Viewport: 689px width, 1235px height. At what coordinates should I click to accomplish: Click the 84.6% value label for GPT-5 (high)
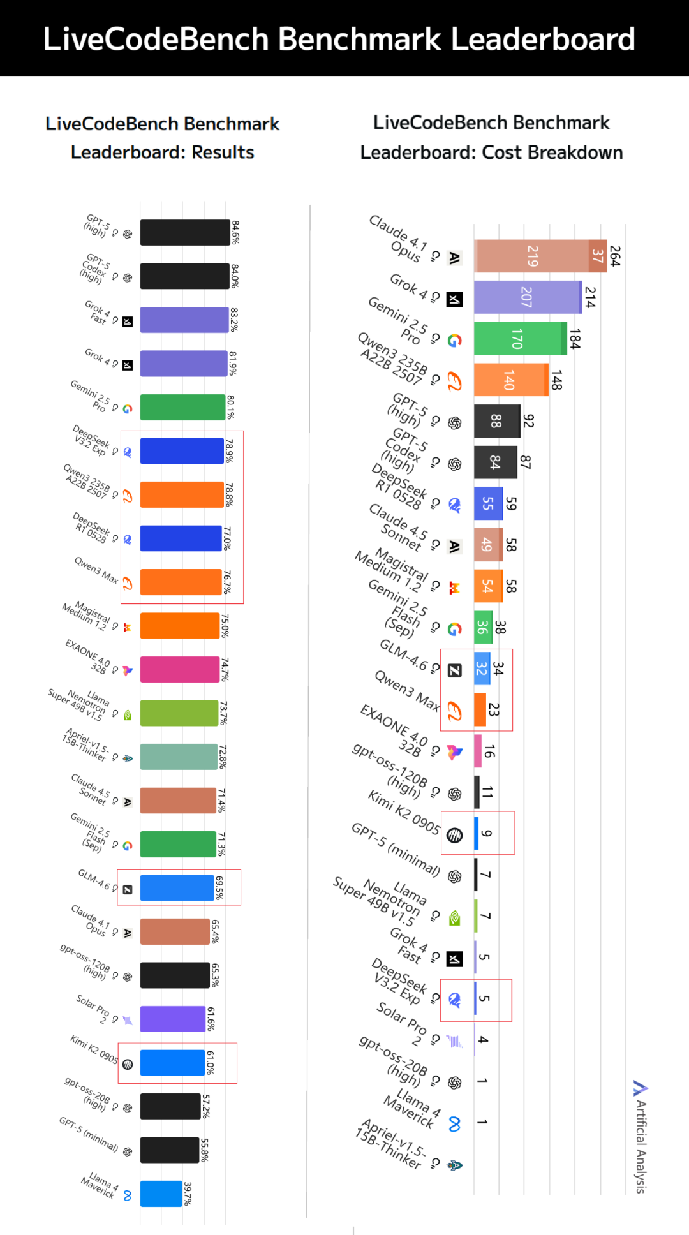[235, 233]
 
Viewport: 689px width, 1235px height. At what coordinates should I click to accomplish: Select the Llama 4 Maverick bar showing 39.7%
[161, 1194]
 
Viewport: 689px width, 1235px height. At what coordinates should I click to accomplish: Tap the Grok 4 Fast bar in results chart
[184, 320]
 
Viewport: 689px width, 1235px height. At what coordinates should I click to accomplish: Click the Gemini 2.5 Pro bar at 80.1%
[182, 407]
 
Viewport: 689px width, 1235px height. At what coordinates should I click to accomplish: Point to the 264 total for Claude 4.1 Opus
[614, 256]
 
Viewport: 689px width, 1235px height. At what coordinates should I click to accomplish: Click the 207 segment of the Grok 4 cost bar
[527, 297]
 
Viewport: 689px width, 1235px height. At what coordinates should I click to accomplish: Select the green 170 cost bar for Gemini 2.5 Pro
[517, 338]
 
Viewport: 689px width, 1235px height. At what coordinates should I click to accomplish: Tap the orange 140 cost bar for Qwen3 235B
[510, 380]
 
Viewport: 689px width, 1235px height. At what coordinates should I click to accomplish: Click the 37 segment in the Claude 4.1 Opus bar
[597, 256]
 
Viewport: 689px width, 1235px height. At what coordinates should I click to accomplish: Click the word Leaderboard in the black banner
[543, 40]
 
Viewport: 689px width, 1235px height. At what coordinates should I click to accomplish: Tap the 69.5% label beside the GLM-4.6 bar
[219, 888]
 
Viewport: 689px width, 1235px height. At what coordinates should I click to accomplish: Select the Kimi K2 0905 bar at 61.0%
[172, 1063]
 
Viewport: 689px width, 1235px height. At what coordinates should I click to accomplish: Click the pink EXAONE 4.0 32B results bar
[180, 669]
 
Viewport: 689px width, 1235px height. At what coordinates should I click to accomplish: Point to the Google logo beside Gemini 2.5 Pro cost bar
[454, 341]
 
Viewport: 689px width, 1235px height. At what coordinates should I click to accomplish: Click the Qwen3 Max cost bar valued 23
[480, 710]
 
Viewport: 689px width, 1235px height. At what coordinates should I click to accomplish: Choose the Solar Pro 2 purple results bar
[172, 1019]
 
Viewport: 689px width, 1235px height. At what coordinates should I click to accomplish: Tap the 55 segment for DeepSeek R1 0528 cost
[488, 503]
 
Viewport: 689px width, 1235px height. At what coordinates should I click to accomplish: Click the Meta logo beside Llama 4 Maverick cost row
[454, 1124]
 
